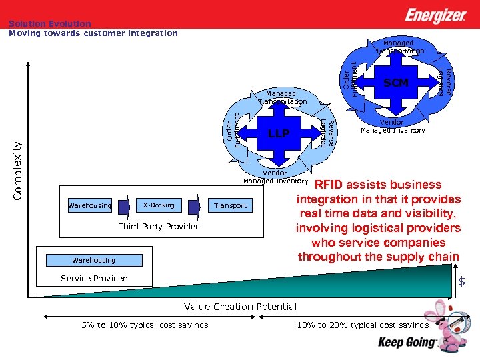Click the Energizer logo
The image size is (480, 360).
(436, 15)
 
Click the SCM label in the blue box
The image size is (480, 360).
(395, 83)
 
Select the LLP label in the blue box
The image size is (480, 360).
(279, 134)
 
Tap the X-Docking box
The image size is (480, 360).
(159, 205)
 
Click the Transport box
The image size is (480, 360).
(231, 206)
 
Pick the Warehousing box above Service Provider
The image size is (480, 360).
(93, 260)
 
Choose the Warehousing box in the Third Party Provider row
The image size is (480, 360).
(90, 206)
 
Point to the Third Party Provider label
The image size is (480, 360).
(159, 227)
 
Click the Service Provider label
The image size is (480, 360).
(93, 279)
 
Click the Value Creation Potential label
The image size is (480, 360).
(240, 307)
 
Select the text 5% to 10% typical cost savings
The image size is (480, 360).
(145, 325)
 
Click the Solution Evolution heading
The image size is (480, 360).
(50, 24)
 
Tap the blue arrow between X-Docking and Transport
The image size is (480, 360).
(194, 205)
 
